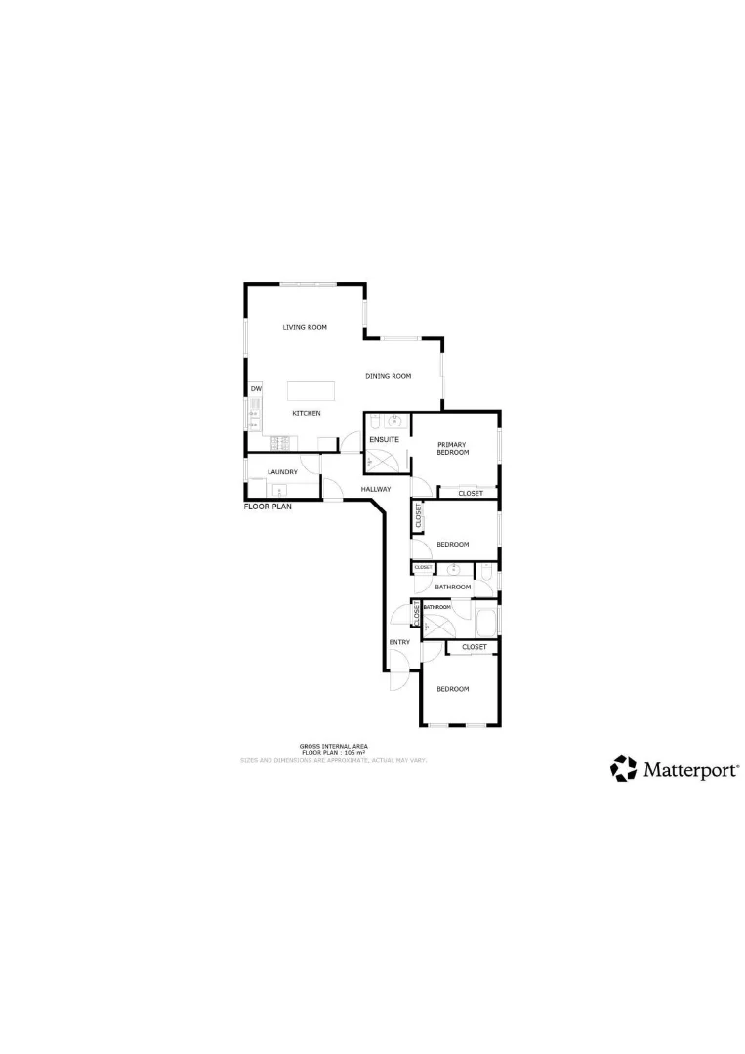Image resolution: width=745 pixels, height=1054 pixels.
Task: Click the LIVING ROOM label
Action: click(x=305, y=327)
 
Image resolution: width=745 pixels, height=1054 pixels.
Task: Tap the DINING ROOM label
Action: click(x=388, y=376)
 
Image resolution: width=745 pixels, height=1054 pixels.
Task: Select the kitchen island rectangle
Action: click(x=310, y=391)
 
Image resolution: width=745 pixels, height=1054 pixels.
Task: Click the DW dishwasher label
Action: click(x=256, y=389)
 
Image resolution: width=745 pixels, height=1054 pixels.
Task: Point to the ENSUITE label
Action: click(x=383, y=440)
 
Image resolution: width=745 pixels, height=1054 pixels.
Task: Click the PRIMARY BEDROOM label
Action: click(x=453, y=449)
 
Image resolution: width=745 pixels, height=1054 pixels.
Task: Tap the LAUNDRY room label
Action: click(x=282, y=473)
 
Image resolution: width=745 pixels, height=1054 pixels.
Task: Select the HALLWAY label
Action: click(x=376, y=489)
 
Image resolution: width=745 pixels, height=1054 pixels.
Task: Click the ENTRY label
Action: click(x=399, y=642)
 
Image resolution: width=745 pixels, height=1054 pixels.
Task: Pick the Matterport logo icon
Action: click(x=623, y=769)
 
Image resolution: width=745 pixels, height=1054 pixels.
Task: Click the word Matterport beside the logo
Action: click(x=690, y=770)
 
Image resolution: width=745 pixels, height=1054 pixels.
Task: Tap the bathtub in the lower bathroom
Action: click(x=485, y=621)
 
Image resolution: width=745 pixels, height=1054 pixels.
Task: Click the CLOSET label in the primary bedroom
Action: click(x=471, y=493)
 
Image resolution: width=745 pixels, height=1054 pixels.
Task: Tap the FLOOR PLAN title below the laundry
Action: click(x=268, y=507)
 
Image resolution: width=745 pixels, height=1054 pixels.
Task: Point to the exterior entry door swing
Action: click(x=397, y=680)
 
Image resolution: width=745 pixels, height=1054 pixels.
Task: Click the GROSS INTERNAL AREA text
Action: click(x=334, y=747)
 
